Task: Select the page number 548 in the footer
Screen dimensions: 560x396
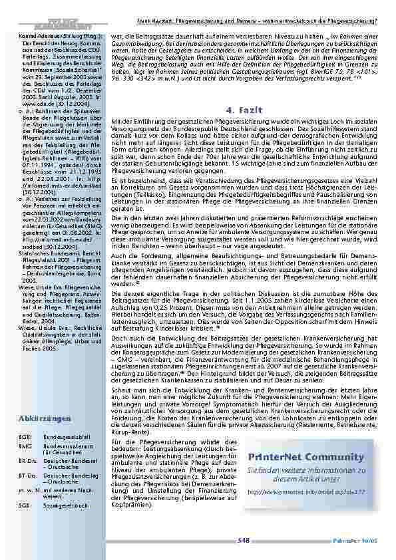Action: (243, 541)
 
